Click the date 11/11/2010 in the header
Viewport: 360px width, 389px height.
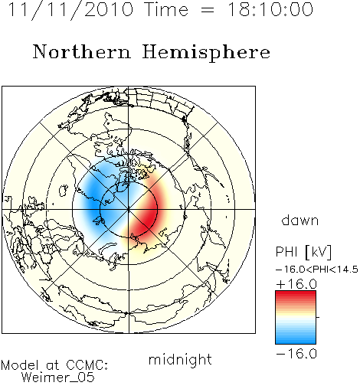click(70, 10)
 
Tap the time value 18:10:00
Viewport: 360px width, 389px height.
click(270, 9)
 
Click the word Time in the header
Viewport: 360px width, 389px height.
click(166, 9)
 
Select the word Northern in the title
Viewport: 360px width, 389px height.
click(81, 52)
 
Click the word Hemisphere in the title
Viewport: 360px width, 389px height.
click(206, 53)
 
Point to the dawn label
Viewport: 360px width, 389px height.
click(300, 221)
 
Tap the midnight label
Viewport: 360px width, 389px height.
click(180, 359)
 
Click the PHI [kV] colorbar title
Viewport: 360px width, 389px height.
click(303, 252)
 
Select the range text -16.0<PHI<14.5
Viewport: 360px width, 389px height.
click(317, 270)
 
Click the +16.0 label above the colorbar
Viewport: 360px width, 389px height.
click(296, 284)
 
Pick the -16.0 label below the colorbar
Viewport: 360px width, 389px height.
click(296, 354)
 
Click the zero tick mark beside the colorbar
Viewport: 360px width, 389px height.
click(318, 317)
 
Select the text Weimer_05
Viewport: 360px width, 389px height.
click(58, 378)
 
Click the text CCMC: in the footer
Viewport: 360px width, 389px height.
click(87, 365)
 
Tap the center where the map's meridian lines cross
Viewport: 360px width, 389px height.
click(129, 210)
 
